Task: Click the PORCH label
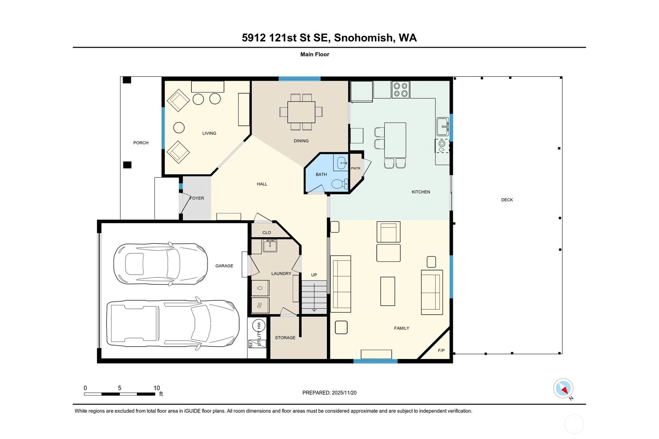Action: coord(141,143)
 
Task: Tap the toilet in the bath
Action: coord(339,184)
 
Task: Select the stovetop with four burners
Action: coord(400,89)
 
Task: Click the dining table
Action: coord(301,112)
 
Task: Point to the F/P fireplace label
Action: coord(441,350)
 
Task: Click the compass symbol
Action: coord(563,388)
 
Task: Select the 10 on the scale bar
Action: coord(156,388)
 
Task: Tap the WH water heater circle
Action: coord(259,326)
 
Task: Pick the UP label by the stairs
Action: coord(314,275)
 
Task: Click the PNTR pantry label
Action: coord(355,168)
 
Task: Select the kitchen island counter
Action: coord(395,140)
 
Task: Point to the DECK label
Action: coord(507,200)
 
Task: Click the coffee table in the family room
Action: coord(388,291)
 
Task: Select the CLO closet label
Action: coord(266,232)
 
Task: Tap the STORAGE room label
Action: coord(285,338)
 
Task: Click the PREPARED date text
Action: coord(329,392)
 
